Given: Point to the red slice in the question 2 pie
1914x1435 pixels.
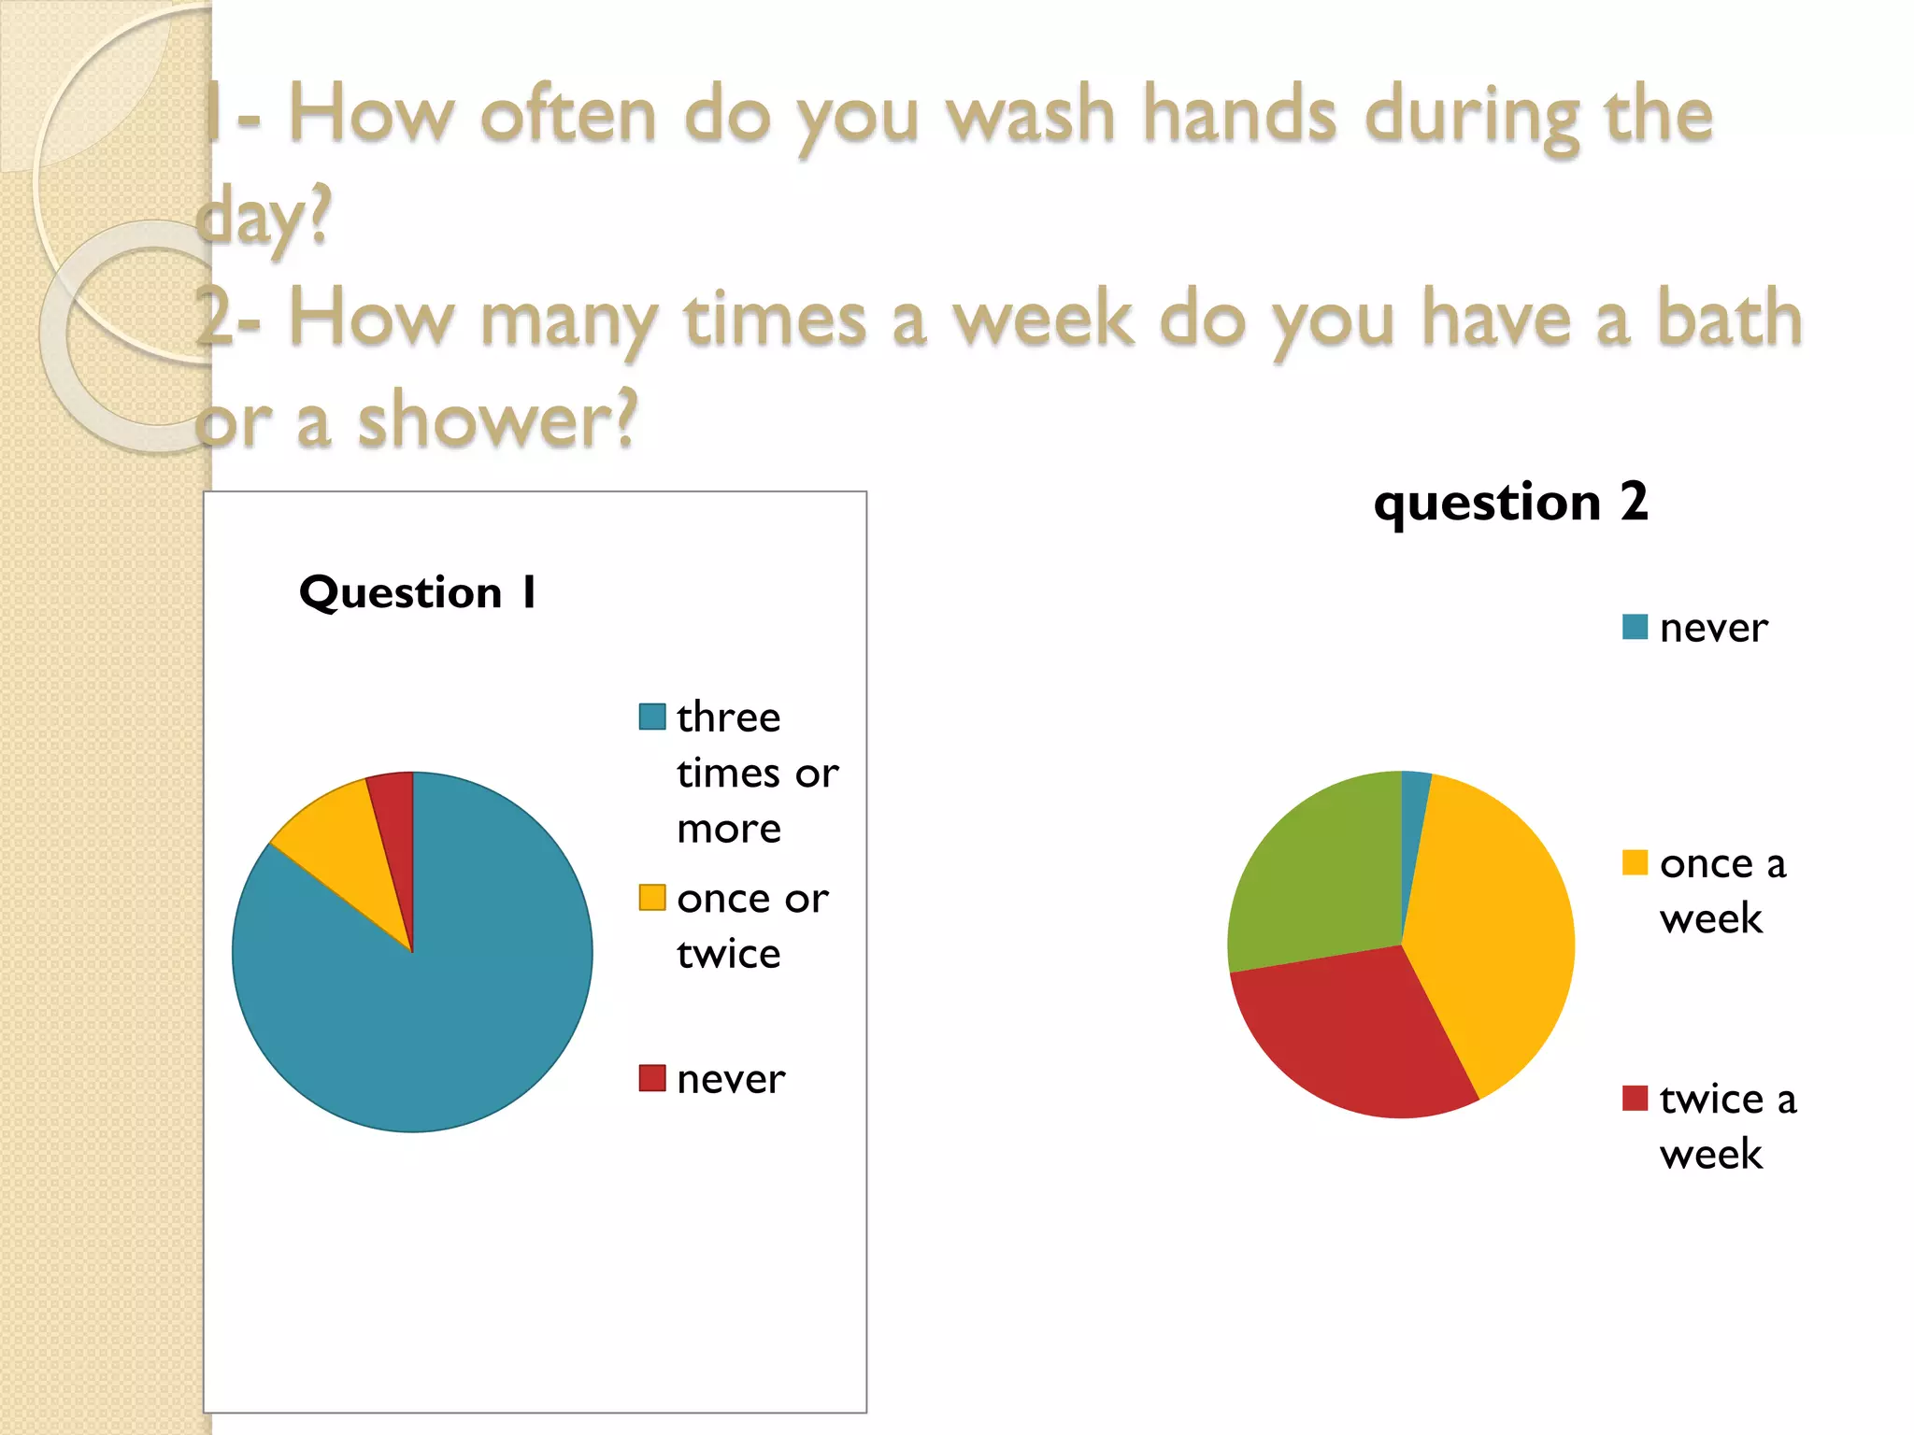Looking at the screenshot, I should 1364,1037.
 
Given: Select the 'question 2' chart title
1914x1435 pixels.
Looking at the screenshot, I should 1510,503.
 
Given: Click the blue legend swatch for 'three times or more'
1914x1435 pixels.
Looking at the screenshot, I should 651,717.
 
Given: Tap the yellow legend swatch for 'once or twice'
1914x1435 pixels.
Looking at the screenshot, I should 651,898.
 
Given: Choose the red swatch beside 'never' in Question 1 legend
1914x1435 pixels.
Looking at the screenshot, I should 651,1078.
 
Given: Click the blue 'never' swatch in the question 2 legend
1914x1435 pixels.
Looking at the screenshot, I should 1635,627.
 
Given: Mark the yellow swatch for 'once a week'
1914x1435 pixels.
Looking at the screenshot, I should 1635,862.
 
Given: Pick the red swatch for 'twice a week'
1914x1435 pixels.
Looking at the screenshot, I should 1635,1098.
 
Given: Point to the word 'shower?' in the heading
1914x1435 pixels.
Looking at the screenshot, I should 497,420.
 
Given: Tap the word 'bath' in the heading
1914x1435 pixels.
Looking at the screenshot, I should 1729,318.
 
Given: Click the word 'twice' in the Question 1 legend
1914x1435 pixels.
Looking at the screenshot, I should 728,954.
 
